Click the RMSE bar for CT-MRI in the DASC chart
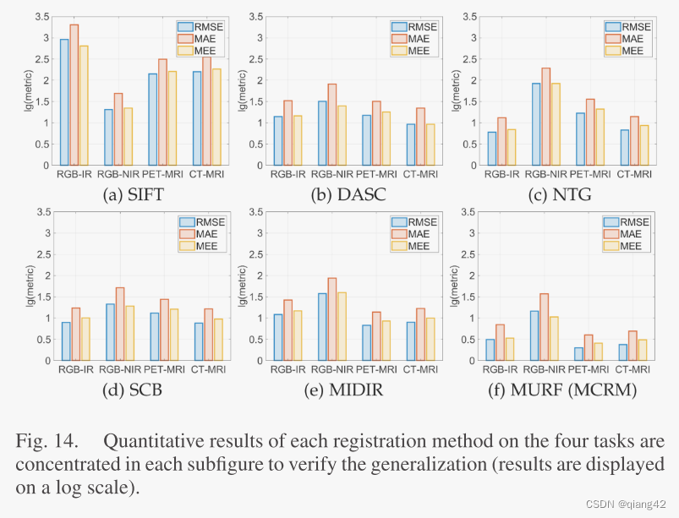coord(411,144)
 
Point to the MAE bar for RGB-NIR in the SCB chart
coord(119,324)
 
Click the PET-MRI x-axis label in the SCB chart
coord(164,368)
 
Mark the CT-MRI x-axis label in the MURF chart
coord(634,368)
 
